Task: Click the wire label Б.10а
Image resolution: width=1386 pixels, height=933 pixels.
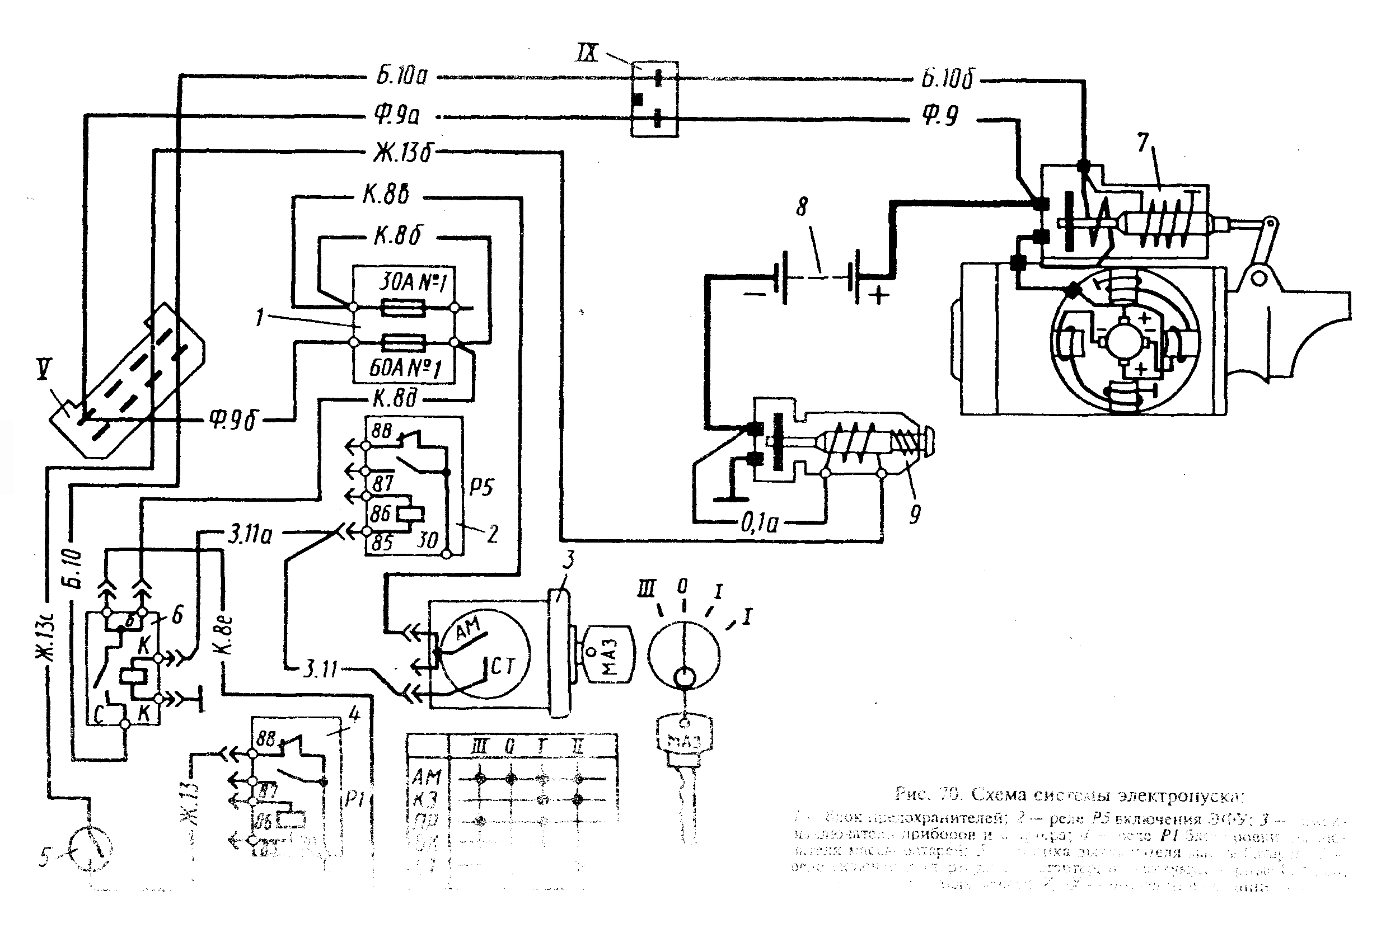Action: point(402,76)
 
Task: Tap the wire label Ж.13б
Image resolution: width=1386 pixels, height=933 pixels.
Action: point(402,153)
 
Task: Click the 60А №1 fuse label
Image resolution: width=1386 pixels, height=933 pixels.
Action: point(405,367)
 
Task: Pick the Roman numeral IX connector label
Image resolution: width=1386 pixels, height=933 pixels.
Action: point(589,53)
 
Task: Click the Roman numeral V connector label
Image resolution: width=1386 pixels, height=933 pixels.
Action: point(45,370)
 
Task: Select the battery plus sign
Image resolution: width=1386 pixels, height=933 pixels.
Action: point(878,295)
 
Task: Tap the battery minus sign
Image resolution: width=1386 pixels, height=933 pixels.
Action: point(756,293)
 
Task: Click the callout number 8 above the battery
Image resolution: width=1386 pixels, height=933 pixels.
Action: point(802,207)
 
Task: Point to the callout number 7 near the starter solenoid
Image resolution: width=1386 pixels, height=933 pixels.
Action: point(1142,143)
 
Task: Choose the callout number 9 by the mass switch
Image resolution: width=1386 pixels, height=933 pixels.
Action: point(915,513)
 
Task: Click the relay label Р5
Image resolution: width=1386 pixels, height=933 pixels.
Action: point(481,487)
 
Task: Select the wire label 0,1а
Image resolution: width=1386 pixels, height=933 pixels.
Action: point(759,523)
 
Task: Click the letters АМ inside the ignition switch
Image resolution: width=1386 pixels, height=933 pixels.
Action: point(469,630)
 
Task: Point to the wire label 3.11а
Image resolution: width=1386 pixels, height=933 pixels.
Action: point(250,534)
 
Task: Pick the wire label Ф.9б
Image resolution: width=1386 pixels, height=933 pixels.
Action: point(232,420)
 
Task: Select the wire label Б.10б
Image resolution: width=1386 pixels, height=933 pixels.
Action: point(948,78)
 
